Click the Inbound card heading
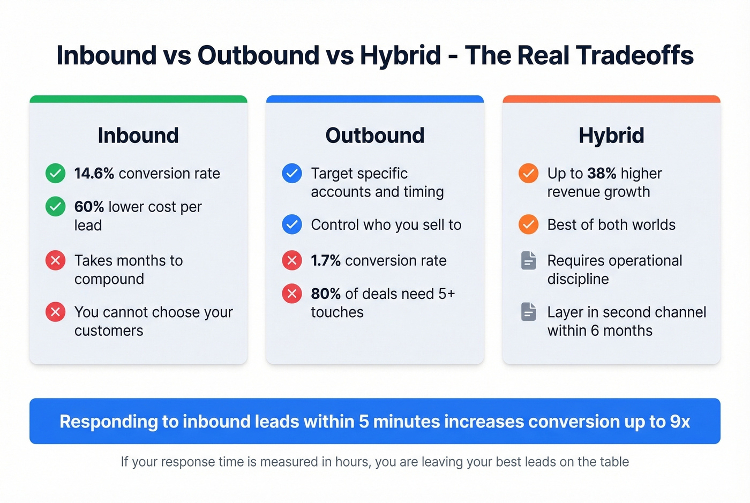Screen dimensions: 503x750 [x=138, y=136]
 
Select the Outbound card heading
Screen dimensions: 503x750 [x=375, y=136]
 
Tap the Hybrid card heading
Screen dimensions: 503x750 [x=611, y=136]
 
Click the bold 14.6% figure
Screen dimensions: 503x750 [x=94, y=174]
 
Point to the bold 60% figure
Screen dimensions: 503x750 [x=89, y=207]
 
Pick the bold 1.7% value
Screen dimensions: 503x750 [x=326, y=261]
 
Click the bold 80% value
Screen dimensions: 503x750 [x=326, y=294]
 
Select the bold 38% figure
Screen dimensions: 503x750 [x=602, y=174]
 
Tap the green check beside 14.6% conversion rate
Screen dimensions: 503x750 [x=55, y=174]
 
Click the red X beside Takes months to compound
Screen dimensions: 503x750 [x=55, y=261]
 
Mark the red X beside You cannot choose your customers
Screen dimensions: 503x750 [x=55, y=312]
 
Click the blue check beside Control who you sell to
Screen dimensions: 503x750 [x=292, y=224]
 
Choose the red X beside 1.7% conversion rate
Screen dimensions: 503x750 [x=292, y=261]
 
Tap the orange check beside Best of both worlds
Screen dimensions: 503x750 [x=528, y=224]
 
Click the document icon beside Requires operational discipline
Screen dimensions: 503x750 [x=528, y=261]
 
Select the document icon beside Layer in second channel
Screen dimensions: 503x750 [x=528, y=312]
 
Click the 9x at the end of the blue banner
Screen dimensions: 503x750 [x=680, y=422]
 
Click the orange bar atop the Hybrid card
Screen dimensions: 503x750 [x=611, y=99]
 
